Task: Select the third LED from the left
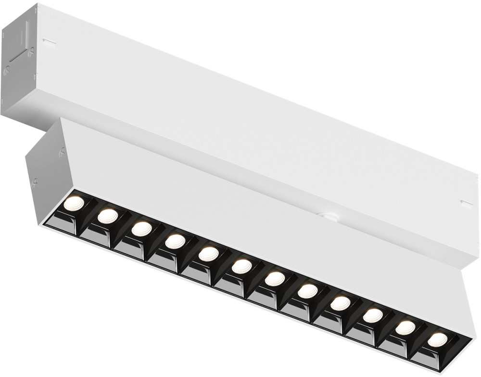tap(141, 229)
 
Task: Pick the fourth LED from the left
tap(175, 241)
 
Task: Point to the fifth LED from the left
tap(208, 254)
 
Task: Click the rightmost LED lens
tap(437, 340)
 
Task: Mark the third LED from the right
tap(373, 316)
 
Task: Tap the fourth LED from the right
tap(340, 303)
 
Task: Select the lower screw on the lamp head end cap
tap(35, 182)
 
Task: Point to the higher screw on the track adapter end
tap(32, 49)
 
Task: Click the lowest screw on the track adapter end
tap(6, 71)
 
